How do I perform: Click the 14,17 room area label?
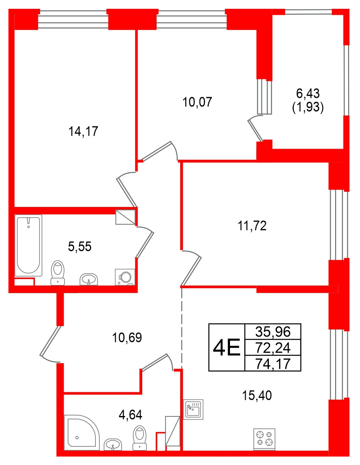pyautogui.click(x=83, y=131)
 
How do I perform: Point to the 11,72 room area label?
pyautogui.click(x=252, y=226)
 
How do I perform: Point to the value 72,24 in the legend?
pyautogui.click(x=273, y=348)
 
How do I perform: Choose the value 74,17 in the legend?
pyautogui.click(x=273, y=363)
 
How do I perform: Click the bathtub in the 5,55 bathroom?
pyautogui.click(x=29, y=245)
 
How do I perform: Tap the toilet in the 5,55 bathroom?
pyautogui.click(x=57, y=272)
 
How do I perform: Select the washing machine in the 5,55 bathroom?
pyautogui.click(x=125, y=276)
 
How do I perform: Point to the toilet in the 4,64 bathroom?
pyautogui.click(x=140, y=438)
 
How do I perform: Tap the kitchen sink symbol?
pyautogui.click(x=194, y=408)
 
